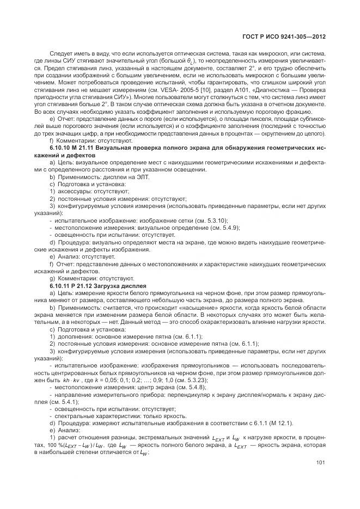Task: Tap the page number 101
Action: (320, 464)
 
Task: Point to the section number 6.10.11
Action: (59, 285)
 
